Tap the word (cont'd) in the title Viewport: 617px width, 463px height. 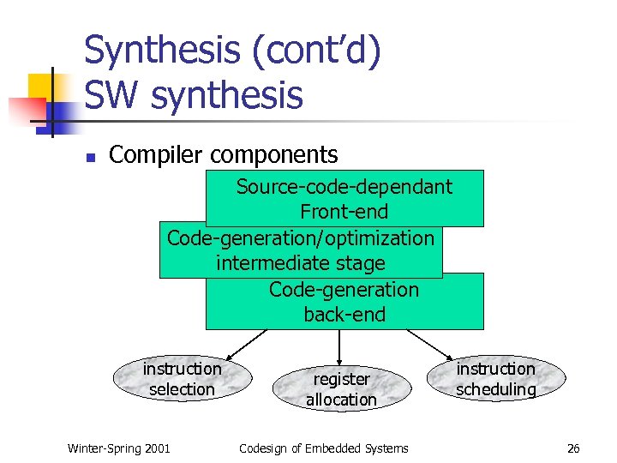point(314,51)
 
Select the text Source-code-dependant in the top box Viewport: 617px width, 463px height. point(344,187)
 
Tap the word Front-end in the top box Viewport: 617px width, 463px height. point(344,212)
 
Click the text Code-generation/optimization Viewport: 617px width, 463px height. point(301,238)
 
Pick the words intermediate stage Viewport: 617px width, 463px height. point(301,263)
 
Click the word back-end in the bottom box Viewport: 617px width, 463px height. point(344,315)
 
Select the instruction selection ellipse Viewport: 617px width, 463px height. point(182,379)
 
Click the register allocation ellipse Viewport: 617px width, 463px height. point(341,389)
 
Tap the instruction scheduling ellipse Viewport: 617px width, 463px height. point(495,379)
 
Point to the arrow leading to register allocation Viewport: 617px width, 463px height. point(341,346)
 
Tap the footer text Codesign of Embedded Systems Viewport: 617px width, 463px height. point(323,448)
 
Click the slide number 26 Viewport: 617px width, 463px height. point(573,448)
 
